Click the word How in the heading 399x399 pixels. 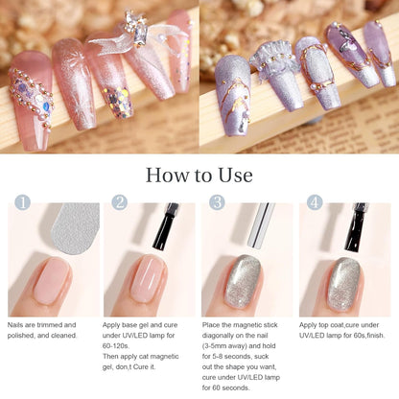click(168, 176)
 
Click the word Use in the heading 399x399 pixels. click(234, 176)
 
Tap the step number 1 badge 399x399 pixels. click(21, 203)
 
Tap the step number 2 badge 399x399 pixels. click(119, 203)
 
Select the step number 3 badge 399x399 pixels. click(217, 203)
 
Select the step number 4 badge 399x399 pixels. click(316, 203)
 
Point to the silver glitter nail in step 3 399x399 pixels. click(245, 280)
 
